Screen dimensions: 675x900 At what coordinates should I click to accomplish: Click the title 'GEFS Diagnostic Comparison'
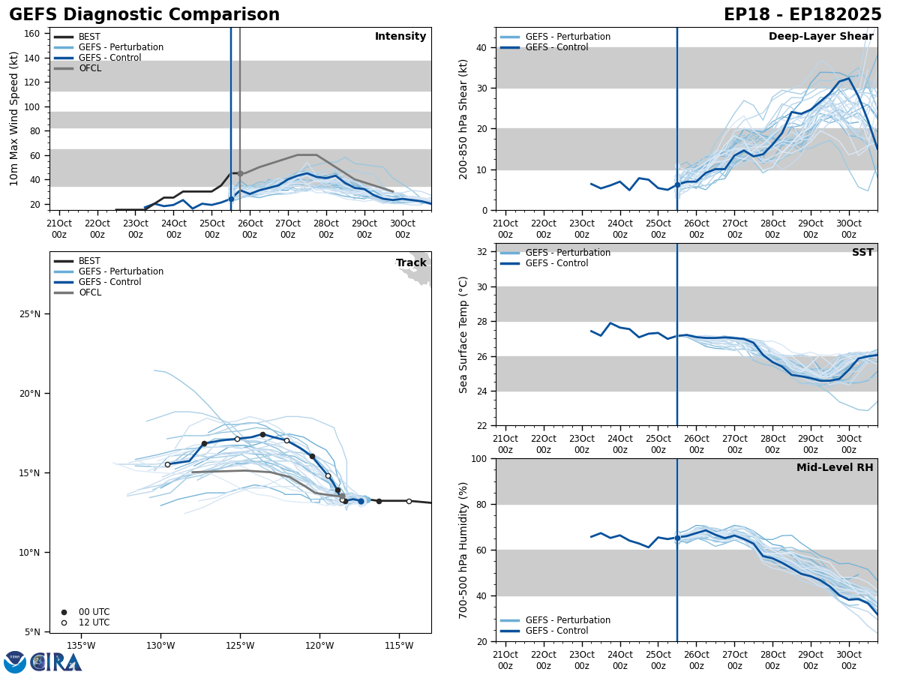(x=144, y=15)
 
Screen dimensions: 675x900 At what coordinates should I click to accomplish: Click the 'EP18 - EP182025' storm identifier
(x=802, y=15)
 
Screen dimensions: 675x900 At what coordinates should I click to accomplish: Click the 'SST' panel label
(x=862, y=253)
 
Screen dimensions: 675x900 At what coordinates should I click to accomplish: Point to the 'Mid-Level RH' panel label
(x=835, y=468)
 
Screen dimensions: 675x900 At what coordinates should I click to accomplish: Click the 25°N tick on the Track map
(x=34, y=314)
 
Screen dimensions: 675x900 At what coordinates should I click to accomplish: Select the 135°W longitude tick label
(x=81, y=645)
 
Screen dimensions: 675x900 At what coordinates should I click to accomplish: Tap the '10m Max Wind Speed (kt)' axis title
(x=15, y=118)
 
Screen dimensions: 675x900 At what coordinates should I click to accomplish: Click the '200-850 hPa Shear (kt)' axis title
(x=463, y=118)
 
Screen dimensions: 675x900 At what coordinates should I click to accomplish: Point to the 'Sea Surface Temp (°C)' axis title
(x=463, y=334)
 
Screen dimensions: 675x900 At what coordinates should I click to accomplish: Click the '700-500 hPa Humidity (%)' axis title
(x=463, y=550)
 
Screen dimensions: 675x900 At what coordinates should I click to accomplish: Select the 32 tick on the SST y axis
(x=482, y=252)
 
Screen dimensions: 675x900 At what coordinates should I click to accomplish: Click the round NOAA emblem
(x=15, y=662)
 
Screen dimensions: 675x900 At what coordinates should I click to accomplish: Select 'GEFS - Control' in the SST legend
(x=556, y=263)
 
